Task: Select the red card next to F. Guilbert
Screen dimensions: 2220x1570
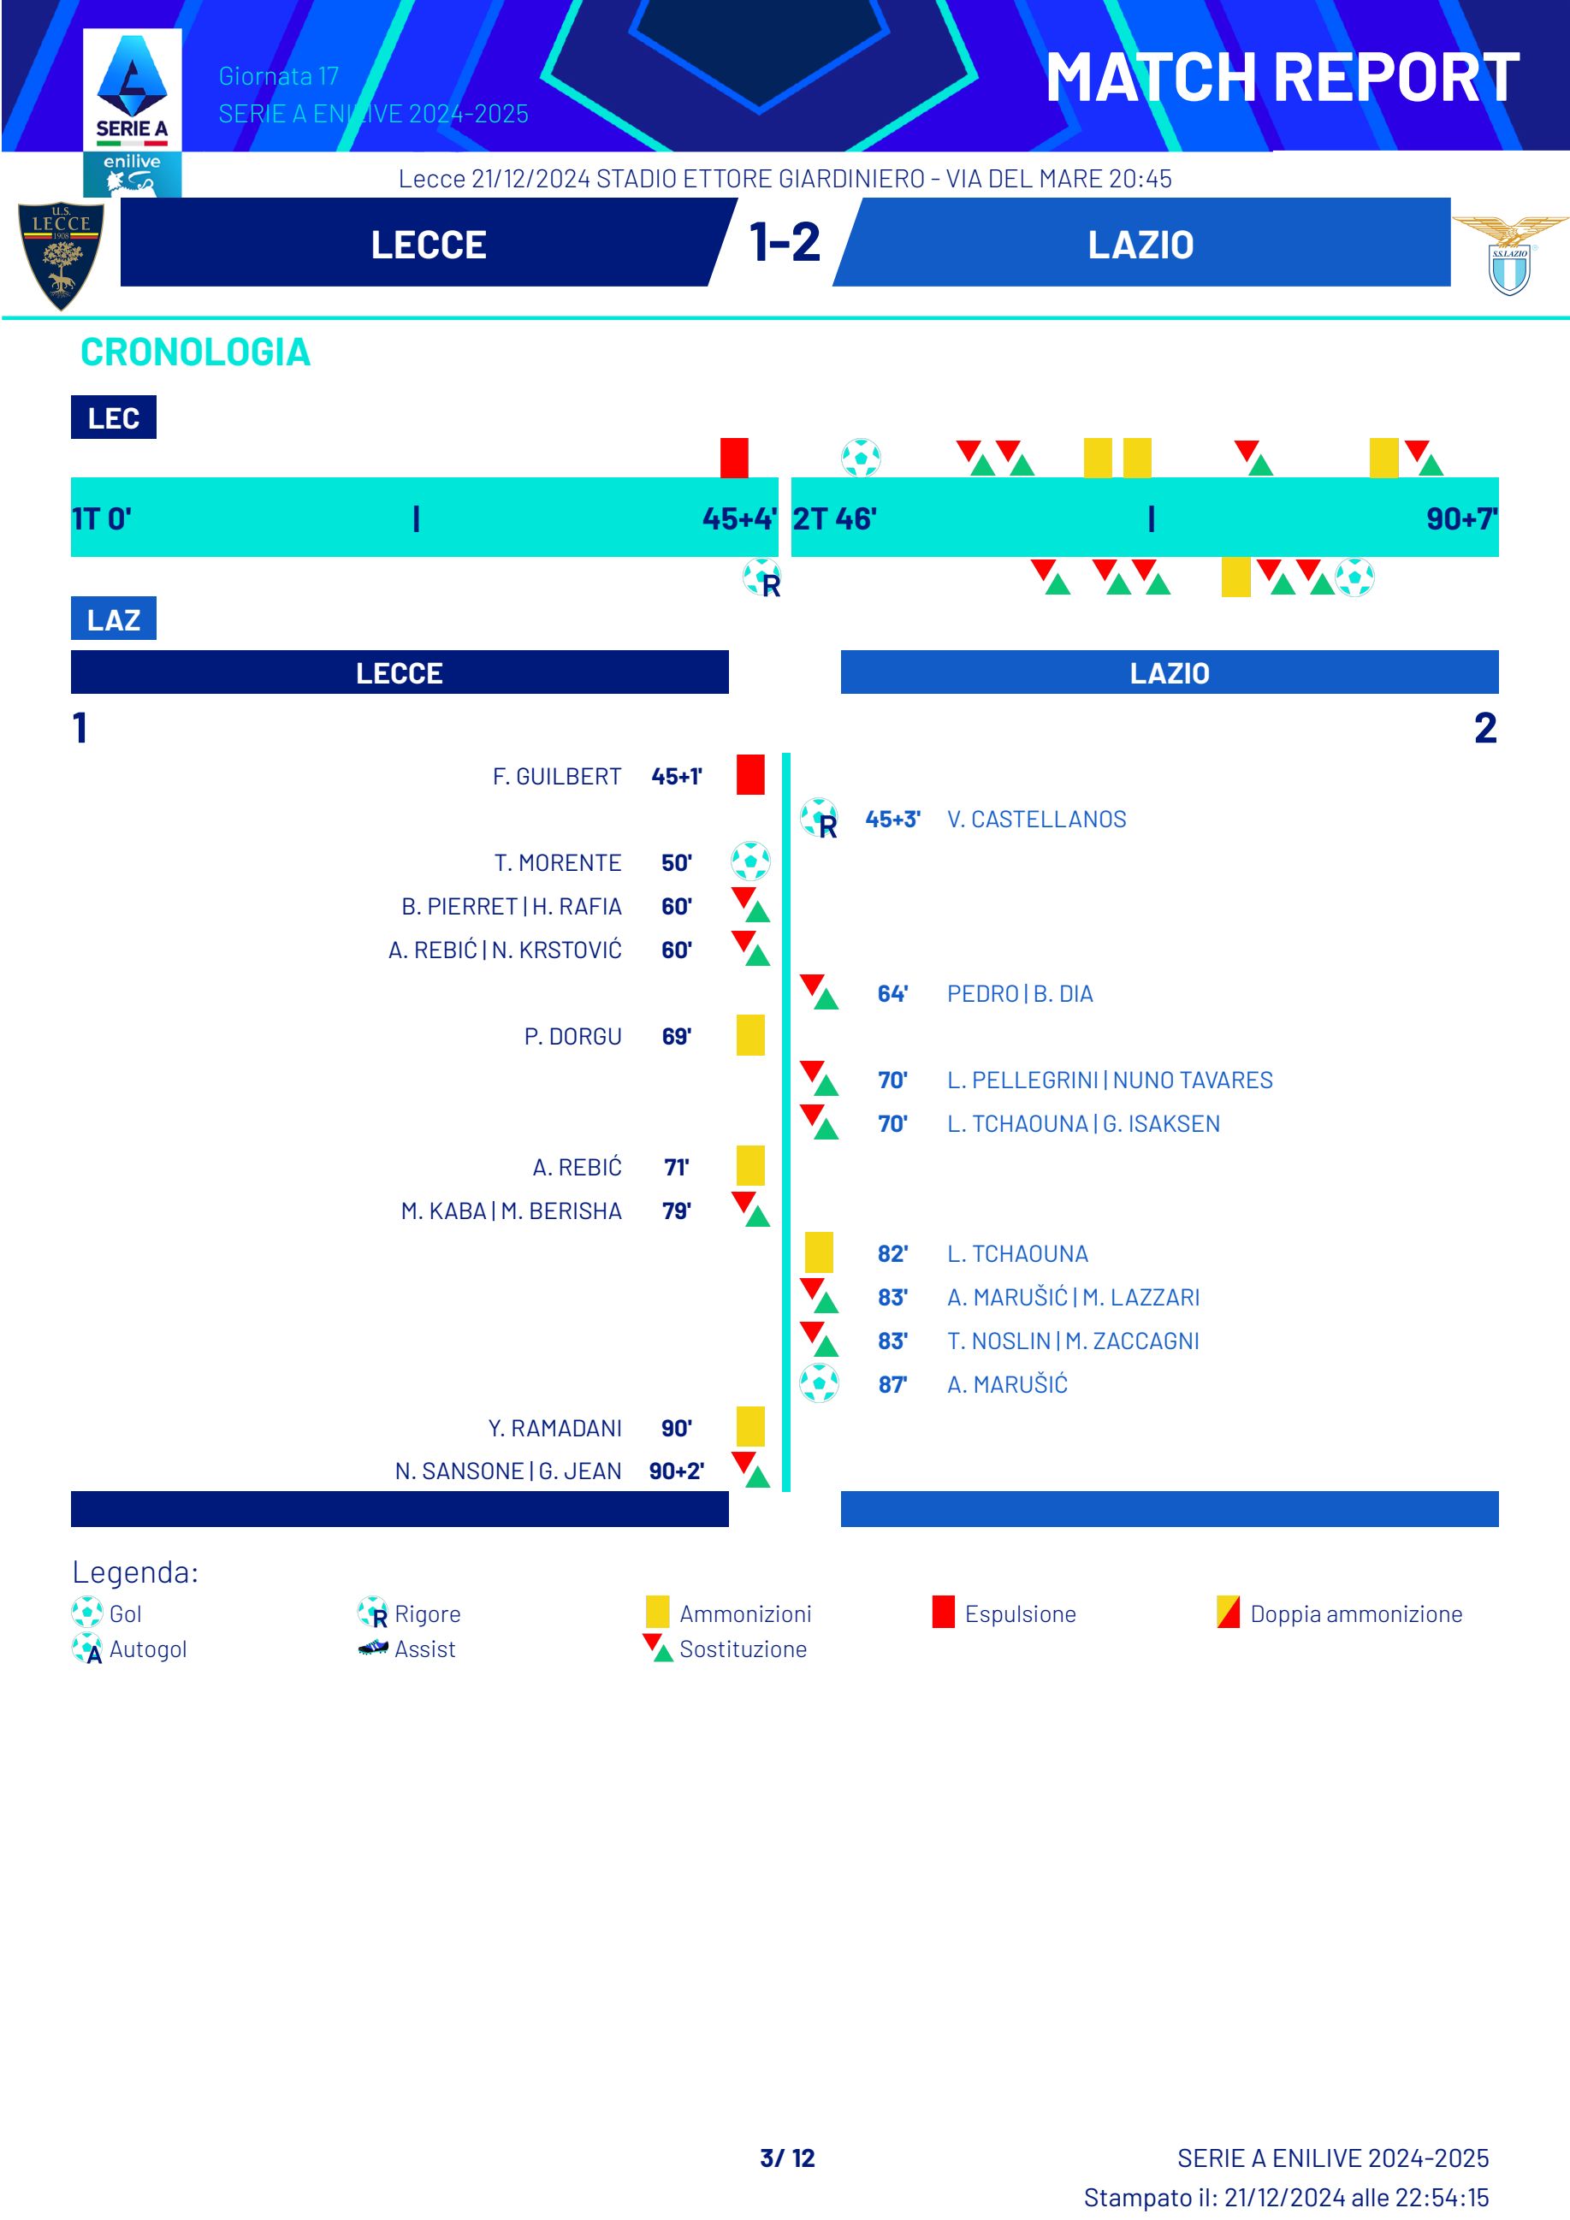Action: click(x=750, y=775)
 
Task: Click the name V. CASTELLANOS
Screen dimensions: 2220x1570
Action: click(x=1036, y=819)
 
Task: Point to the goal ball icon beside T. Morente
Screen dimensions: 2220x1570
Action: click(x=750, y=861)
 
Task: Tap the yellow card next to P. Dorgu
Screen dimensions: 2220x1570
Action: click(x=750, y=1035)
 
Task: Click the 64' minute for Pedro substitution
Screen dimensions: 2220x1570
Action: click(x=892, y=993)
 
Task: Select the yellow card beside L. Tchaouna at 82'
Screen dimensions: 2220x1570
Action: click(x=819, y=1253)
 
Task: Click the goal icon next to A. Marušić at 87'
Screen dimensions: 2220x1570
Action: click(x=819, y=1383)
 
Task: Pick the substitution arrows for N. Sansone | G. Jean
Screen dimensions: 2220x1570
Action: click(x=750, y=1470)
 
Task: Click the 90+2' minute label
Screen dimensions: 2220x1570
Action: click(x=676, y=1471)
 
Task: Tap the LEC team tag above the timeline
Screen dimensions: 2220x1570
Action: click(x=113, y=417)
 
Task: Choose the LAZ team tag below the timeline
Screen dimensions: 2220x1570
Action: click(x=113, y=619)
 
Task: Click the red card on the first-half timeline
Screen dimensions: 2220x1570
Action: click(x=734, y=458)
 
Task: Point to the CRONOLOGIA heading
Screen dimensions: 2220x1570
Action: click(x=195, y=352)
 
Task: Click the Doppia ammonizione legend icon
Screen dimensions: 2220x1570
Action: click(x=1228, y=1613)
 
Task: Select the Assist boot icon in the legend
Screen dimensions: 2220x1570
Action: click(x=372, y=1648)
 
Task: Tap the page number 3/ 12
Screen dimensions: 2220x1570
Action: click(x=787, y=2158)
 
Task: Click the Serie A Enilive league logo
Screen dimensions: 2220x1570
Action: click(x=133, y=111)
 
